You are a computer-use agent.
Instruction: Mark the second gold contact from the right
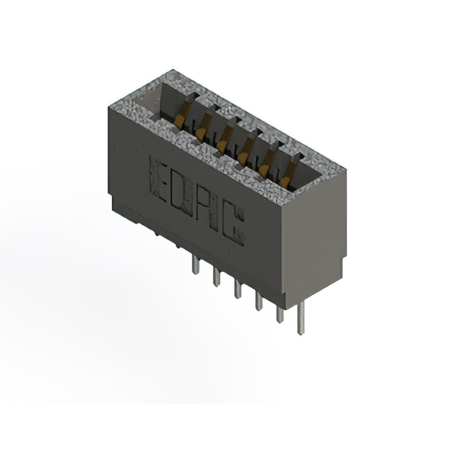pos(265,168)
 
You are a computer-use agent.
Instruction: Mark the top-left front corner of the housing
pos(108,107)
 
